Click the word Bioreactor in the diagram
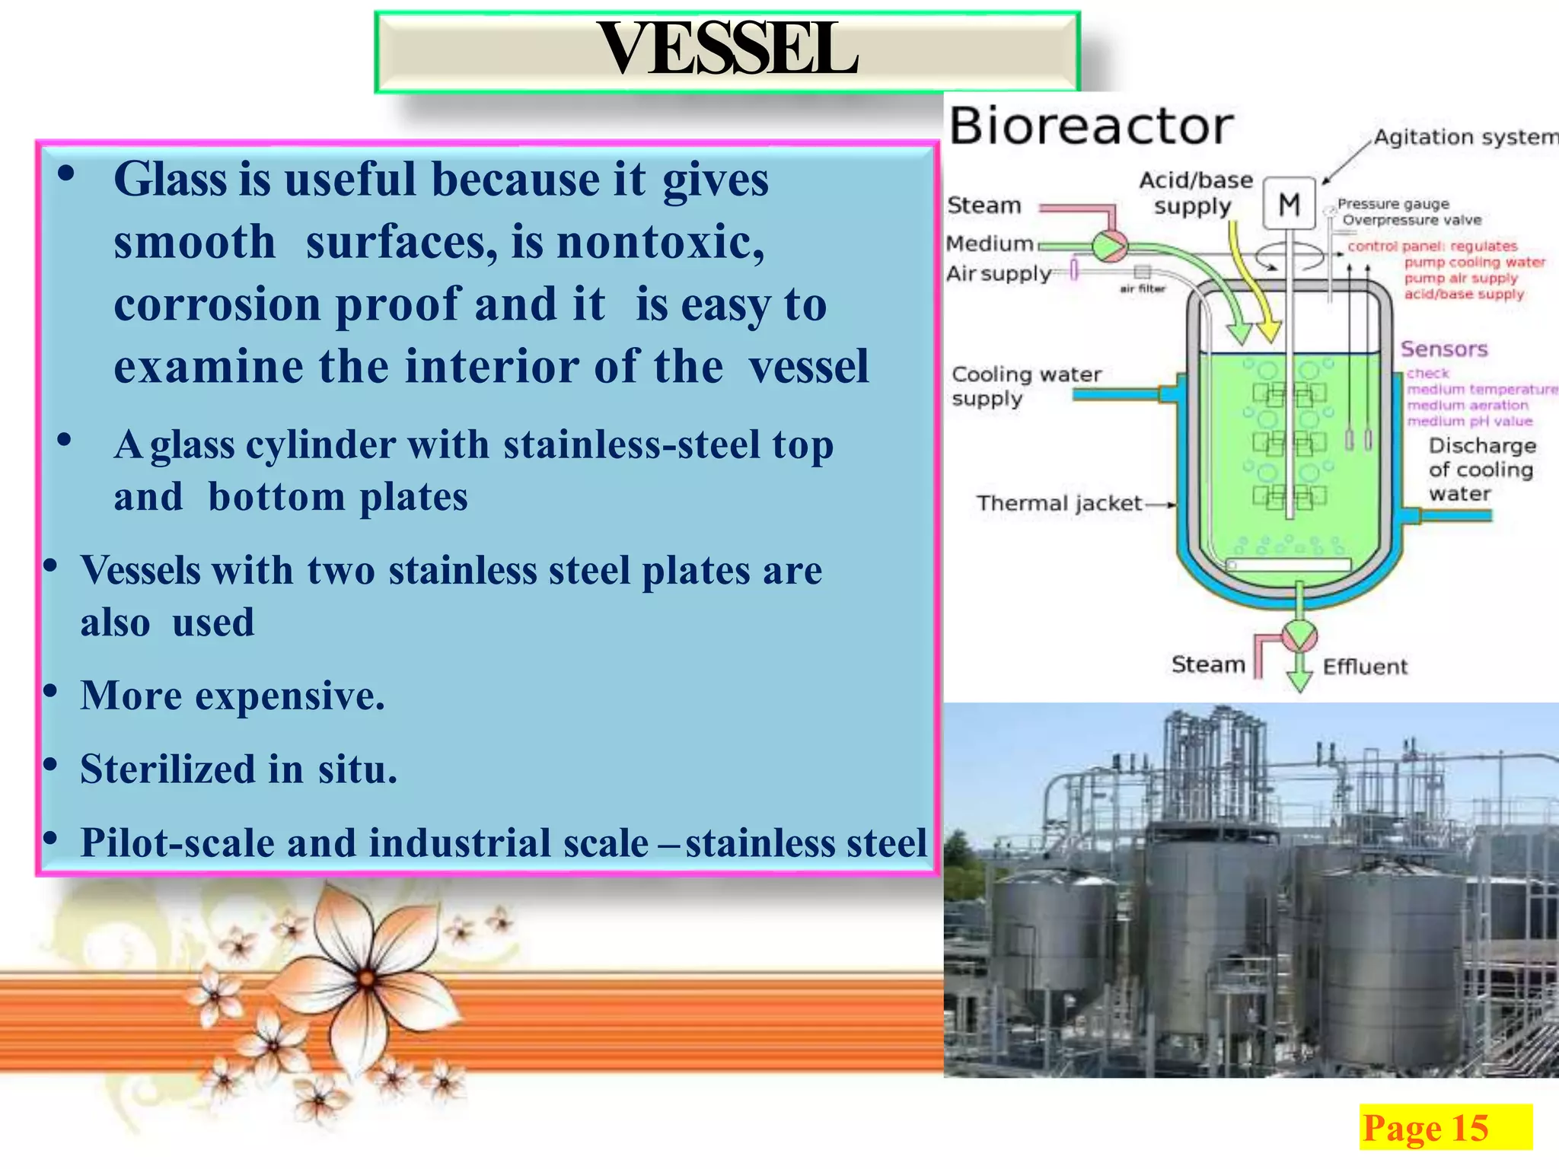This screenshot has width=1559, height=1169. (1090, 126)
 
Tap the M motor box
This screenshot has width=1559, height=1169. (1289, 204)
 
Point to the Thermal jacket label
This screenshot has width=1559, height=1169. (1059, 503)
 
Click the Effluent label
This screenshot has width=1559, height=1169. (1365, 667)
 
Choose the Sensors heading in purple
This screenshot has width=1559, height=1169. (1444, 349)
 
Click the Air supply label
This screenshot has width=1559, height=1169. (998, 273)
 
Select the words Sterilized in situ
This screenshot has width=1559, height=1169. (238, 769)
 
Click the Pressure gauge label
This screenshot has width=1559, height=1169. (1393, 204)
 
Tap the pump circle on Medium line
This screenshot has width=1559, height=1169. (1109, 246)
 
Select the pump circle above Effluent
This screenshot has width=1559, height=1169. (1299, 635)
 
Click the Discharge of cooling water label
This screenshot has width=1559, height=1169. (1481, 470)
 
